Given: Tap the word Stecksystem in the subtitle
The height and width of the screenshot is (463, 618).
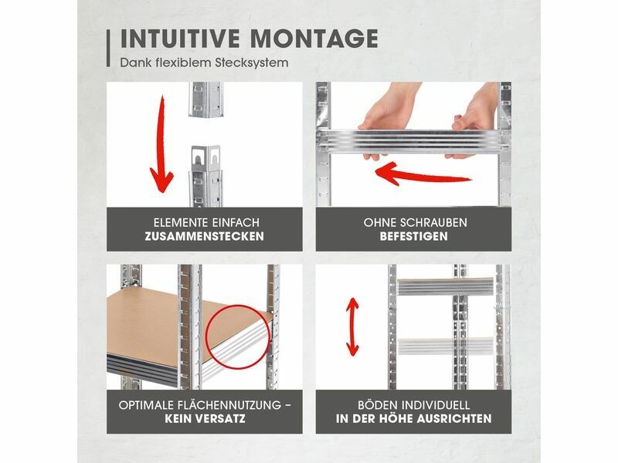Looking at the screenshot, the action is [252, 63].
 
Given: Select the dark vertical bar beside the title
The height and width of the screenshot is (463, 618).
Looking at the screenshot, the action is [108, 48].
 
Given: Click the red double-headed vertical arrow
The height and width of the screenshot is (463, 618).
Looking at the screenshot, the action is [352, 326].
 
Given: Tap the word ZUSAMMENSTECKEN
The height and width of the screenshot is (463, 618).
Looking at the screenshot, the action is [204, 236].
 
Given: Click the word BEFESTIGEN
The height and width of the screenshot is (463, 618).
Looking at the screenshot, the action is [414, 236].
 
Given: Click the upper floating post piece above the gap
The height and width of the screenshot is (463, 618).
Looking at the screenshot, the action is [205, 100].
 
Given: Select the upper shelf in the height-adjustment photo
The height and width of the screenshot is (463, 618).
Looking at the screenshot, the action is [446, 286].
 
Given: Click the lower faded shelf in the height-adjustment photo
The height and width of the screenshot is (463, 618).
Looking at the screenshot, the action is [446, 346].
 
